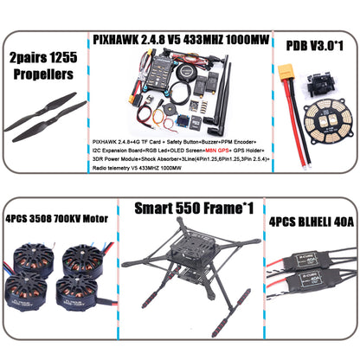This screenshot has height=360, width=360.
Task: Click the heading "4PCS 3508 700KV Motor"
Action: click(x=56, y=219)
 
